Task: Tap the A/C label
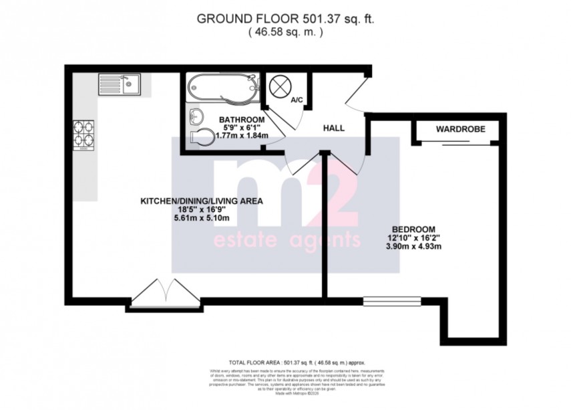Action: pyautogui.click(x=297, y=100)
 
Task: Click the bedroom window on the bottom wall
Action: pyautogui.click(x=391, y=300)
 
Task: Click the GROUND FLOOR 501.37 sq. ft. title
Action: pyautogui.click(x=285, y=18)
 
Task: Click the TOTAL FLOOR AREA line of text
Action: pyautogui.click(x=285, y=361)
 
